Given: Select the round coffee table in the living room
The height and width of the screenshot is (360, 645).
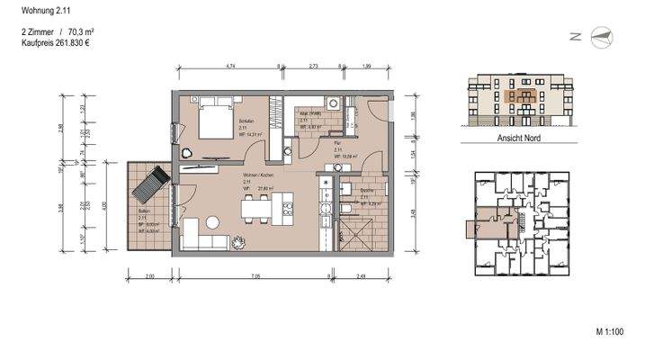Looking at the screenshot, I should click(x=213, y=221).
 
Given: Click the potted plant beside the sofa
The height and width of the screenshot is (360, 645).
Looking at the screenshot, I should click(x=238, y=240).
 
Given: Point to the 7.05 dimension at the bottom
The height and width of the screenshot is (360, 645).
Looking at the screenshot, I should click(x=255, y=274).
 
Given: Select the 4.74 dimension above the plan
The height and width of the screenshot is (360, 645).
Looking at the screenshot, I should click(x=231, y=67).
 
